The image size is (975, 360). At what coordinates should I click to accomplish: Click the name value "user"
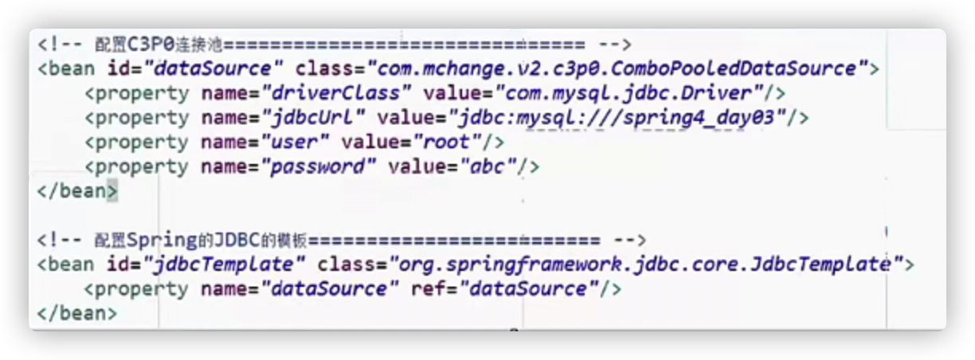click(296, 143)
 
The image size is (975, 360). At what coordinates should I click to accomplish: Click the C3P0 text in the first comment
click(150, 44)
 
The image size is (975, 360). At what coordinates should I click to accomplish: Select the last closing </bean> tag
click(76, 313)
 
